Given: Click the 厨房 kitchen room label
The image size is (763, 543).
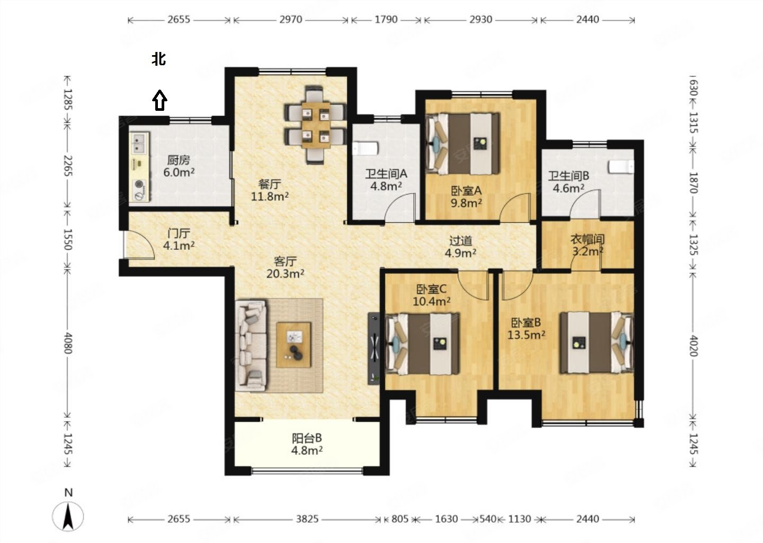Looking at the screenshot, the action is [x=179, y=160].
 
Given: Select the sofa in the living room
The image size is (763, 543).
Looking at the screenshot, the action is [x=251, y=346].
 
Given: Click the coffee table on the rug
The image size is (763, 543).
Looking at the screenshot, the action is [x=294, y=345].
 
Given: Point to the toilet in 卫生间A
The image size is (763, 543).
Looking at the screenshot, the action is [x=365, y=148].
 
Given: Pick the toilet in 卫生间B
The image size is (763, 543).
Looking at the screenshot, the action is [x=621, y=167].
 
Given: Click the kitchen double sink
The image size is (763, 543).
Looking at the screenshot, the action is [x=139, y=143].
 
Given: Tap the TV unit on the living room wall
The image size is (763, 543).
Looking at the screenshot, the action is [x=374, y=348].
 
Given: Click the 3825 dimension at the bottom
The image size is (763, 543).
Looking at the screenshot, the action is [x=307, y=519].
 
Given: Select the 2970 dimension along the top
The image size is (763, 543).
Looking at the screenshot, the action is [x=290, y=20].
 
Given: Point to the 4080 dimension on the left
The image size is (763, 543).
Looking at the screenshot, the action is [x=68, y=343].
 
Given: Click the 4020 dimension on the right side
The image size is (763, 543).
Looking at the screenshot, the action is [x=694, y=346].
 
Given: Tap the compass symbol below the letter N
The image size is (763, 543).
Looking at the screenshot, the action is [x=68, y=516].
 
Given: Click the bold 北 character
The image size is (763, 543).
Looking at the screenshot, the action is [x=159, y=59].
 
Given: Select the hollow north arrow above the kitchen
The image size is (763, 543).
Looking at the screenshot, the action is [x=159, y=100].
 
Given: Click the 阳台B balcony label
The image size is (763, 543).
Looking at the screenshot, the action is [x=307, y=438].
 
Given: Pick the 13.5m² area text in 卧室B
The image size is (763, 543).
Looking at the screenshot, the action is [x=526, y=335].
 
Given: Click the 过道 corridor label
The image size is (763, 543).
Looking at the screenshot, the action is [x=460, y=241].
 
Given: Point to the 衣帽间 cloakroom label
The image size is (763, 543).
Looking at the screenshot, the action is [x=587, y=239].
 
